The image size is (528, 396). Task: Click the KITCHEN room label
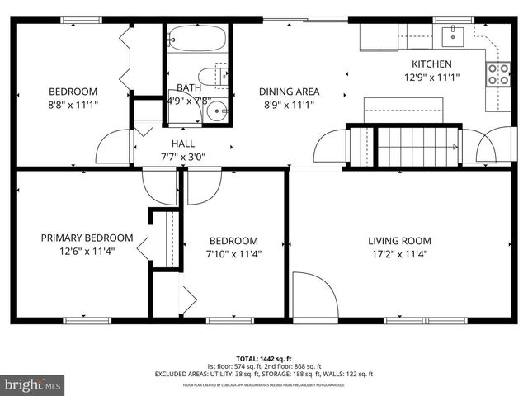point(431,64)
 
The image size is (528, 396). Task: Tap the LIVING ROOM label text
point(399,241)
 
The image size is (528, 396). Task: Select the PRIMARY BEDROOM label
point(75,238)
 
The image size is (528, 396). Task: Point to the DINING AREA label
point(289,92)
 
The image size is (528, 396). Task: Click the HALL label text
point(183,144)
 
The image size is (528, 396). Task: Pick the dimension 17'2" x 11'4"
point(399,254)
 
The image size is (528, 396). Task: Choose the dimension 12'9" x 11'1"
point(431,78)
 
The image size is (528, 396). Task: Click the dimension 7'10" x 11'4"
point(233,254)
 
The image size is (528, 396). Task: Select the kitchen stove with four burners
point(498,75)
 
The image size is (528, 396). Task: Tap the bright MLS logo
point(33,384)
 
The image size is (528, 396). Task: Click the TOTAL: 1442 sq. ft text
point(263,360)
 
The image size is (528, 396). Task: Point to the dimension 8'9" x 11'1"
point(289,105)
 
